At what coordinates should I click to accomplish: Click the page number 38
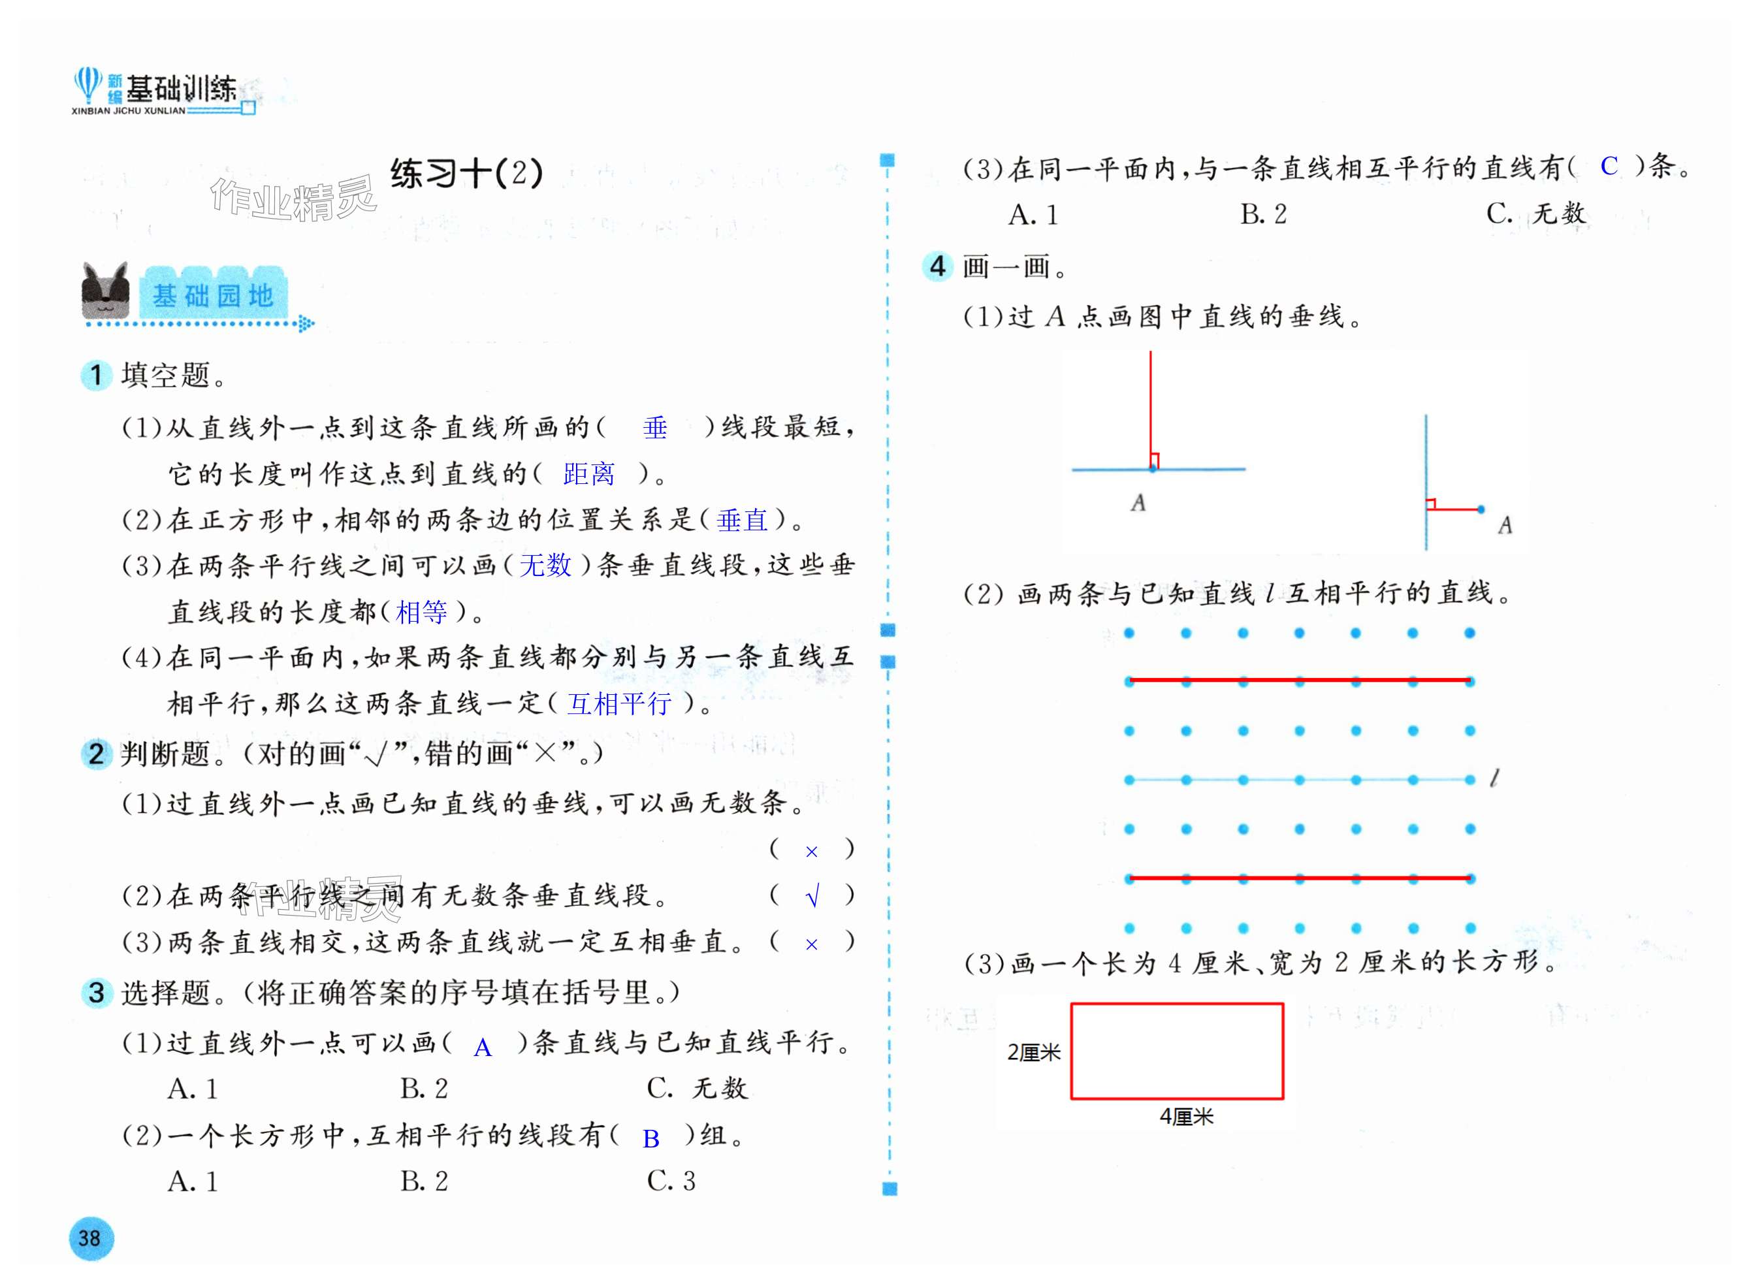coord(90,1238)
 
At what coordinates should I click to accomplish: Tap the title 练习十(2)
coord(466,173)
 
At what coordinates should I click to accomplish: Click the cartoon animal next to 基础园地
coord(106,291)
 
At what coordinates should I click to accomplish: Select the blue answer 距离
coord(589,473)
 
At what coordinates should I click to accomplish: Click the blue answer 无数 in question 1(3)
coord(545,565)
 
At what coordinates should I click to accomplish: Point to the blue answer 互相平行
coord(619,704)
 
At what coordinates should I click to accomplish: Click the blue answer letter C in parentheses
coord(1609,166)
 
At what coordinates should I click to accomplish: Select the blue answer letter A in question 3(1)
coord(483,1048)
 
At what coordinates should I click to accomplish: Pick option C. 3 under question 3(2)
coord(671,1181)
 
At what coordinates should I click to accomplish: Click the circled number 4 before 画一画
coord(937,266)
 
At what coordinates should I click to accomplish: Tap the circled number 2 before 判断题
coord(96,754)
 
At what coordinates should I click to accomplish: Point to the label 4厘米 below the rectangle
coord(1185,1117)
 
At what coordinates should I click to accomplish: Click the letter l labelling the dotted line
coord(1494,778)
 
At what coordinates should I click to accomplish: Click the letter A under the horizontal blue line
coord(1138,503)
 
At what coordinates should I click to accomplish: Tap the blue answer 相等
coord(421,613)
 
